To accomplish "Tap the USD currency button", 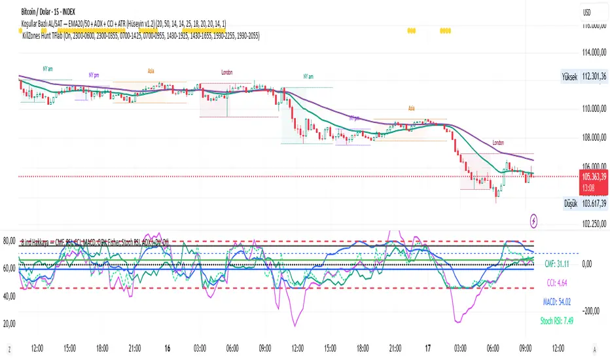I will (x=588, y=12).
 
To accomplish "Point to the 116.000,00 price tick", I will (x=586, y=26).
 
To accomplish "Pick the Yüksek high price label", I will (x=569, y=77).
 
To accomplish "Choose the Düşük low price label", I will (x=569, y=204).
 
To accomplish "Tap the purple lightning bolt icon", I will (x=536, y=221).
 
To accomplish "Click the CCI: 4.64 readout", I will (x=559, y=285).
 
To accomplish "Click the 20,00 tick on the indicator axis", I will (x=9, y=323).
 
